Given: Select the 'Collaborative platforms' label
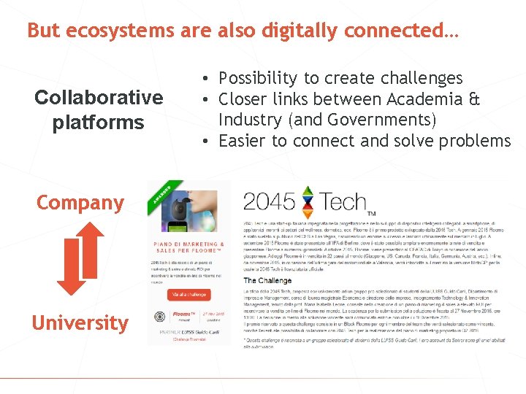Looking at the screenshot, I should pos(98,109).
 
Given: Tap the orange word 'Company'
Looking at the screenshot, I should pos(80,203).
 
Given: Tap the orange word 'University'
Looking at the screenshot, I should pos(80,322).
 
